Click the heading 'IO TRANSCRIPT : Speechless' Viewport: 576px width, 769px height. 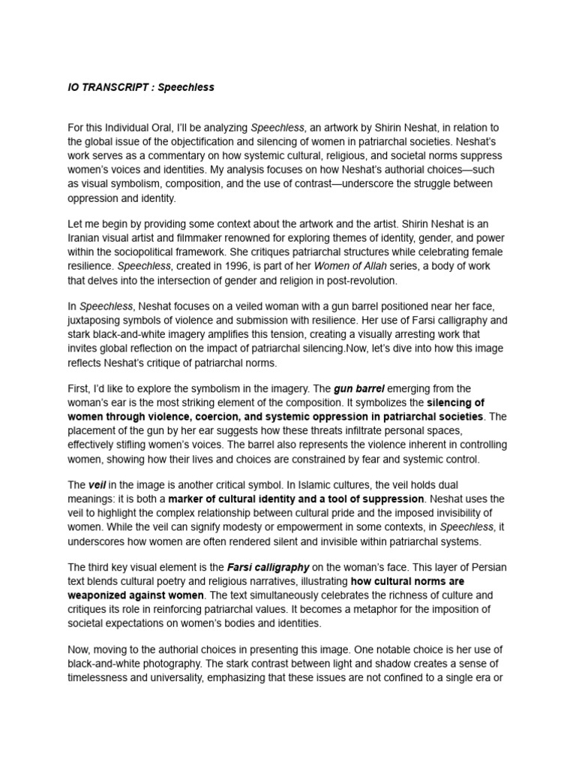click(141, 87)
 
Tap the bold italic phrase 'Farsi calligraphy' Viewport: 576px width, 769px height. click(262, 567)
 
